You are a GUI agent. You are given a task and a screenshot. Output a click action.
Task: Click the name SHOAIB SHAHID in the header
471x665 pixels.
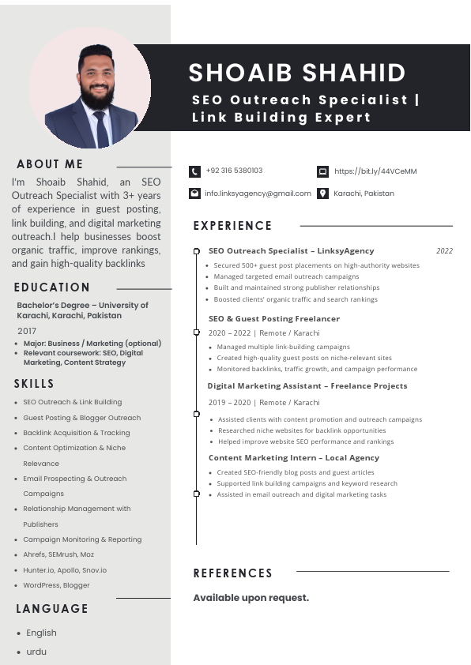pyautogui.click(x=296, y=73)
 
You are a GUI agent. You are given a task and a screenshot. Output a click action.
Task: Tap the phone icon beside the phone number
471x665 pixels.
pyautogui.click(x=194, y=171)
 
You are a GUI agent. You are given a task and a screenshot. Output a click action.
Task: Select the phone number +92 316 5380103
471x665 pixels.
pyautogui.click(x=234, y=171)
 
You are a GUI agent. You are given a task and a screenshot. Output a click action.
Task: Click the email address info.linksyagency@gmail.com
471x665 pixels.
pyautogui.click(x=258, y=193)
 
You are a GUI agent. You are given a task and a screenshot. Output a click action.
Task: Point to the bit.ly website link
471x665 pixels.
pyautogui.click(x=375, y=171)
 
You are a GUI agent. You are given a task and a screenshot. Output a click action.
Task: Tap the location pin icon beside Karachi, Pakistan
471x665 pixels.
pyautogui.click(x=322, y=193)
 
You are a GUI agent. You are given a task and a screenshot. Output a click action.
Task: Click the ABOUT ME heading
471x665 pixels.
pyautogui.click(x=50, y=164)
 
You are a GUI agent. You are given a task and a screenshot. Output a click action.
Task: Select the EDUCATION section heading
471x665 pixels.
pyautogui.click(x=52, y=287)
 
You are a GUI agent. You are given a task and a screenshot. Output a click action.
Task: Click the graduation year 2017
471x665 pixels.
pyautogui.click(x=27, y=331)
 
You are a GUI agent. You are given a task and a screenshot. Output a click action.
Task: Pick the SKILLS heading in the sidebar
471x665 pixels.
pyautogui.click(x=34, y=384)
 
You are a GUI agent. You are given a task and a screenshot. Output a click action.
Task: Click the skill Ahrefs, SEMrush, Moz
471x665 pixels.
pyautogui.click(x=58, y=554)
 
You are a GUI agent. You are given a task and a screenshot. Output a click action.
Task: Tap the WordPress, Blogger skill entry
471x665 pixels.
pyautogui.click(x=56, y=585)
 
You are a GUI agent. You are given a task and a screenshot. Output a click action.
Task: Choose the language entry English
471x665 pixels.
pyautogui.click(x=41, y=633)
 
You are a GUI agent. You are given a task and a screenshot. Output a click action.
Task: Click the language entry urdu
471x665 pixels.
pyautogui.click(x=36, y=652)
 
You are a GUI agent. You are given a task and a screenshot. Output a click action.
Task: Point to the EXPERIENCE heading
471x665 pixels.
pyautogui.click(x=232, y=226)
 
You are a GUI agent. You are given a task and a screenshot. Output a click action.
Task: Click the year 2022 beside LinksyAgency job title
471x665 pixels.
pyautogui.click(x=444, y=251)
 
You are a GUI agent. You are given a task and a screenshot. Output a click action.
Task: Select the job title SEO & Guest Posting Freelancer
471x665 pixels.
pyautogui.click(x=273, y=318)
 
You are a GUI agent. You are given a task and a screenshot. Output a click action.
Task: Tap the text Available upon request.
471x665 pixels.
pyautogui.click(x=251, y=598)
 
